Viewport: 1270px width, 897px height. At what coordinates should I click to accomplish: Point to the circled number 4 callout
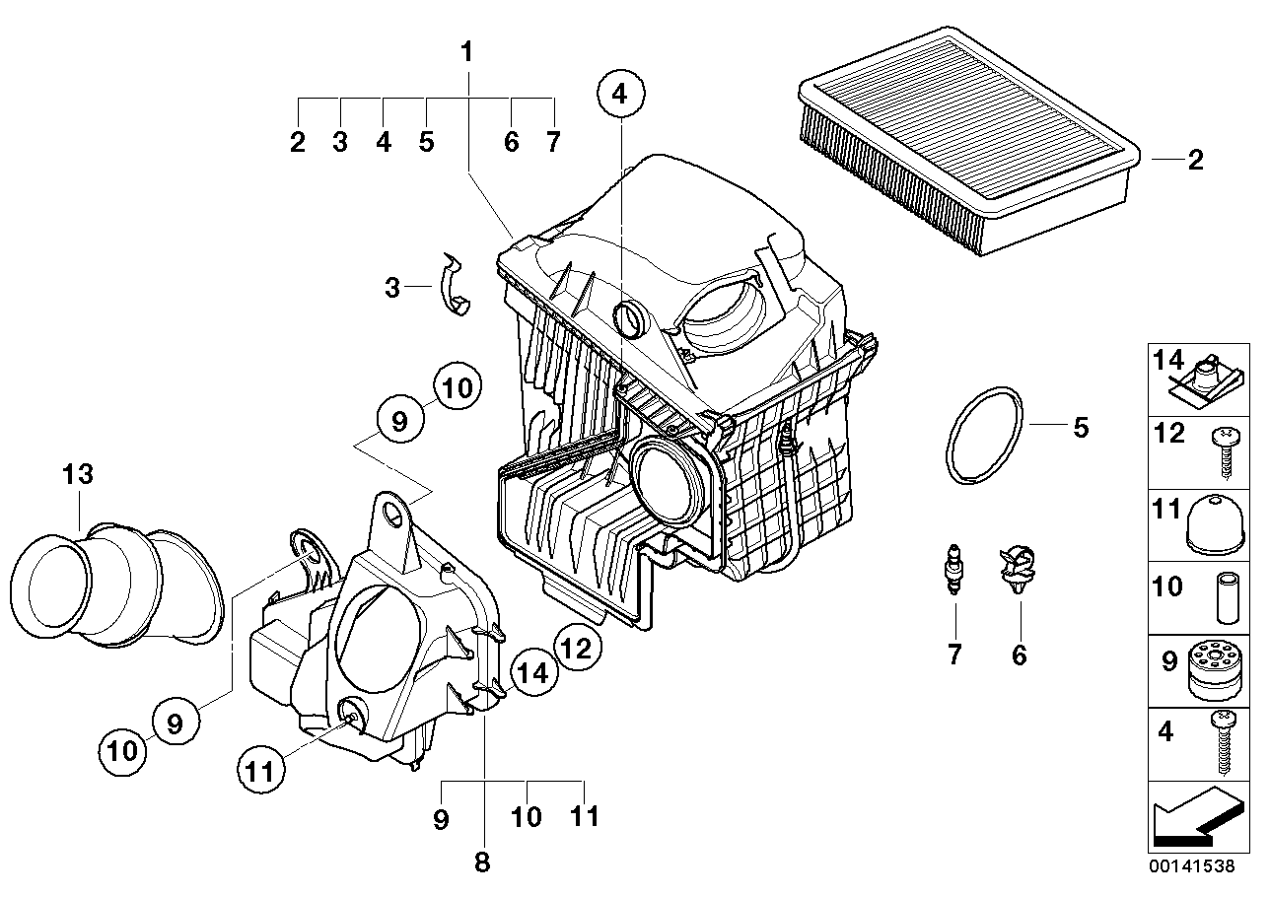point(619,95)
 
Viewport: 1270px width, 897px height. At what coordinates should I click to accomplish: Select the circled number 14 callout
point(532,673)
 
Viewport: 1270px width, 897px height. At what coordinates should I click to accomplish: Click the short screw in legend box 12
point(1223,448)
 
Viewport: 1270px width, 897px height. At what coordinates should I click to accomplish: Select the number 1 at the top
point(467,50)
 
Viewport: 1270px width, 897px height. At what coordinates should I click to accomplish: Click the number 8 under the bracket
point(482,863)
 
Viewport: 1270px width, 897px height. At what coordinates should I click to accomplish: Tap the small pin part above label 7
point(953,569)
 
